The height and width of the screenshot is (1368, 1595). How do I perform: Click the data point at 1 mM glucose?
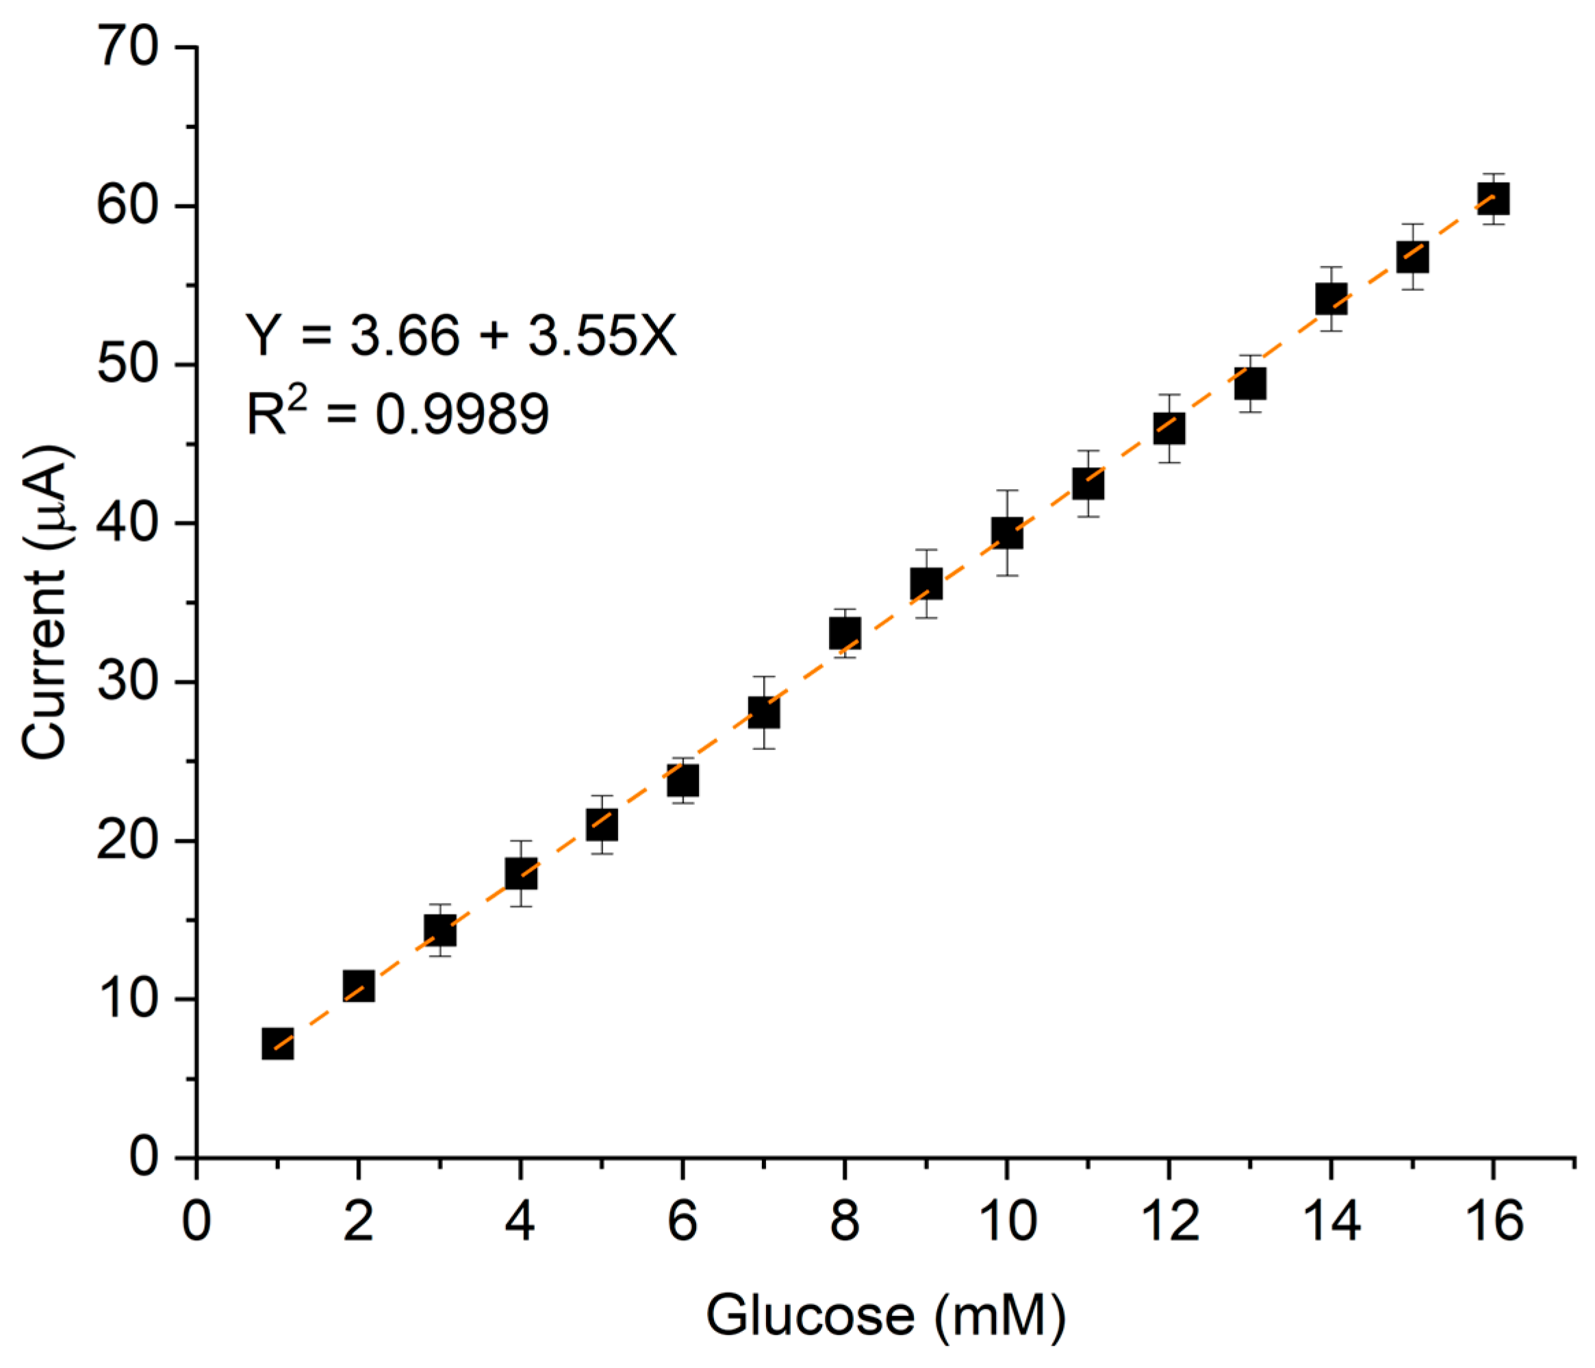coord(277,1044)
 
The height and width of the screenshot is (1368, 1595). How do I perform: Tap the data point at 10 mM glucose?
coord(1007,532)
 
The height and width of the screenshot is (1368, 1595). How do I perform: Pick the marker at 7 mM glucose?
coord(764,712)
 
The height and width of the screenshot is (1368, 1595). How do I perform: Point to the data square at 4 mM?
coord(521,873)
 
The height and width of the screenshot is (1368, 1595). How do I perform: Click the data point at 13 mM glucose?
coord(1250,384)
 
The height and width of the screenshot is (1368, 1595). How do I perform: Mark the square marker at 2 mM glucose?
coord(359,986)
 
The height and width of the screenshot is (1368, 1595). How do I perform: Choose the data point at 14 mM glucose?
coord(1331,298)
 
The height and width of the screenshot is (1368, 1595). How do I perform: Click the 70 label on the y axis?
coord(128,48)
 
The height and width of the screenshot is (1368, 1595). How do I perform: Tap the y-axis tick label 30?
coord(128,682)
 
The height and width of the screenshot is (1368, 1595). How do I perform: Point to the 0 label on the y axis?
coord(143,1157)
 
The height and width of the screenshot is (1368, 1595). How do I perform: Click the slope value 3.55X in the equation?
coord(602,336)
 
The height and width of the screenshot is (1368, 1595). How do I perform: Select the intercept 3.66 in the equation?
coord(405,336)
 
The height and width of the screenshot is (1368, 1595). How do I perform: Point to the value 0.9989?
coord(462,414)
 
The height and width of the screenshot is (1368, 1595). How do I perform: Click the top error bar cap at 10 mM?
coord(1007,490)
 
